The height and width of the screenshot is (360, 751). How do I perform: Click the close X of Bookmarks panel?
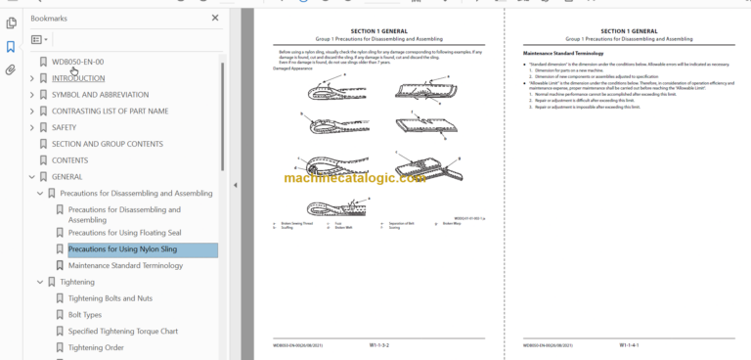(215, 18)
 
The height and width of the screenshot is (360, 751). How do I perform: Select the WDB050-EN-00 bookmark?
(77, 63)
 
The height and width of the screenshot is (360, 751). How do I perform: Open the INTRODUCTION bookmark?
(78, 78)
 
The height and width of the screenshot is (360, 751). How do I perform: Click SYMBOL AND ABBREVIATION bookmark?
(100, 95)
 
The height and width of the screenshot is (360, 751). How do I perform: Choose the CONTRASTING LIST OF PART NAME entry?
(110, 111)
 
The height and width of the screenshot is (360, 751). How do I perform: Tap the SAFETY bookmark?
(64, 127)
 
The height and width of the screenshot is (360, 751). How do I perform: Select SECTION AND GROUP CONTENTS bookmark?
(107, 144)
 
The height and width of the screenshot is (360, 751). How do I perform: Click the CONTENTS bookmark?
(69, 159)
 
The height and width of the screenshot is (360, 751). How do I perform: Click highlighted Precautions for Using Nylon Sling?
(122, 249)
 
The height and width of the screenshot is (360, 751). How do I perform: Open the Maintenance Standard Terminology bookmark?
(125, 265)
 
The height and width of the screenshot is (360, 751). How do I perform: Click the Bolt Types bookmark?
(85, 315)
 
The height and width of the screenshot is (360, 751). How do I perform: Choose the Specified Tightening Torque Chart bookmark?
(123, 331)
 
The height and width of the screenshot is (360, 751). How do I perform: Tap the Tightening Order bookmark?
(96, 347)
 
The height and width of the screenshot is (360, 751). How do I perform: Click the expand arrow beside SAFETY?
(31, 127)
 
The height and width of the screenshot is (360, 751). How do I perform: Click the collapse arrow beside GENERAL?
(31, 176)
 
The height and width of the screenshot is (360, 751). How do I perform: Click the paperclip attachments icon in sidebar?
(11, 69)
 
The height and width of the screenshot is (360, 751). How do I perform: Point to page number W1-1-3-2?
(380, 344)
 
